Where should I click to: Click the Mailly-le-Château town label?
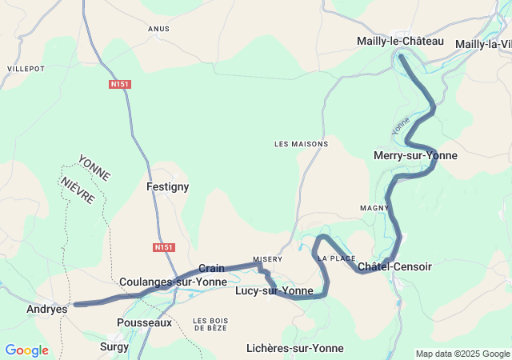[x=399, y=41]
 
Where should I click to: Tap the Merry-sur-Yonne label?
[x=415, y=155]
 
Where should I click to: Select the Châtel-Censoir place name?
[x=394, y=266]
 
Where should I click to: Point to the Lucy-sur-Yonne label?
[x=274, y=290]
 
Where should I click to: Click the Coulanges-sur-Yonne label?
[x=173, y=282]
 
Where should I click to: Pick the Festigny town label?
[x=167, y=186]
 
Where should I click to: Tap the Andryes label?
[x=46, y=309]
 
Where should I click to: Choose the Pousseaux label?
[x=144, y=322]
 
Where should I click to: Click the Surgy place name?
[x=114, y=347]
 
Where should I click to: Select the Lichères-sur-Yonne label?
[x=295, y=348]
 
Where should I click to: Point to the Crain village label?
[x=211, y=268]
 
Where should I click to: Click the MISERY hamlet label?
[x=268, y=259]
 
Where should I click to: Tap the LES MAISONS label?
[x=301, y=144]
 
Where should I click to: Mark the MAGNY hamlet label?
[x=374, y=208]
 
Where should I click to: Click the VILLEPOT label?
[x=26, y=70]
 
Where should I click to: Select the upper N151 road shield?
[x=120, y=83]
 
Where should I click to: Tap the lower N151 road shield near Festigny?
[x=163, y=247]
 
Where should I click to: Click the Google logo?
[x=26, y=350]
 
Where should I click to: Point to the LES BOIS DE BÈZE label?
[x=210, y=324]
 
